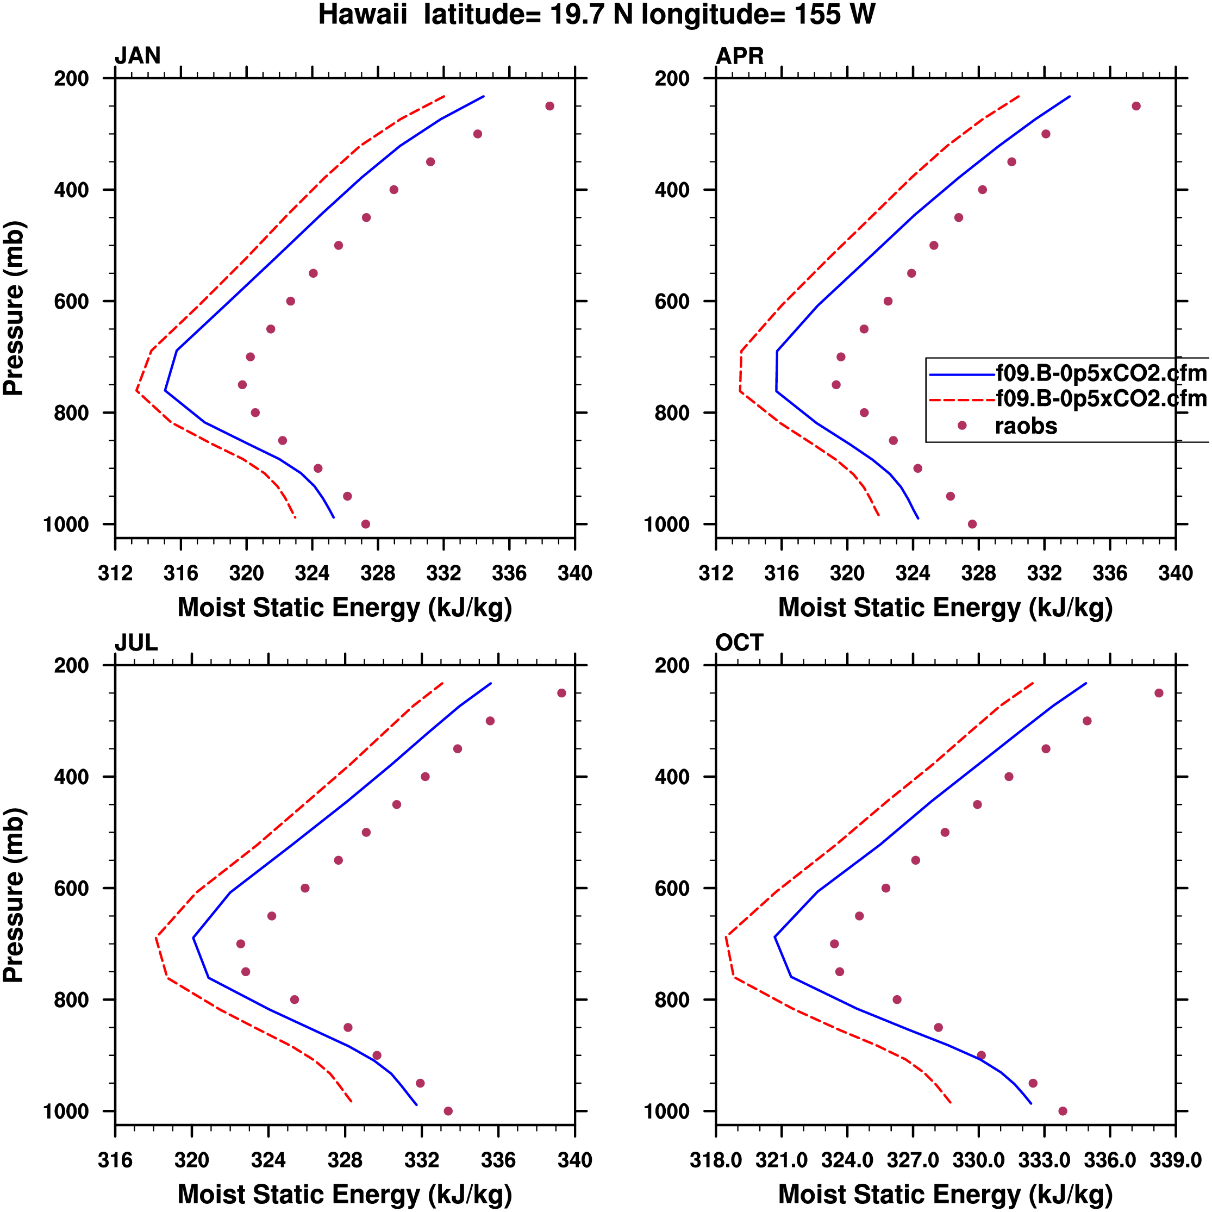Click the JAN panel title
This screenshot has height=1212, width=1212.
pyautogui.click(x=138, y=56)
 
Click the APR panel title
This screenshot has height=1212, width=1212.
pyautogui.click(x=740, y=56)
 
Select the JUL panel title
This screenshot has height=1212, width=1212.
pyautogui.click(x=136, y=642)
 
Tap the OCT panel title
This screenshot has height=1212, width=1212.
pyautogui.click(x=739, y=642)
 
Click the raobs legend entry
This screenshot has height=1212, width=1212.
pyautogui.click(x=1026, y=426)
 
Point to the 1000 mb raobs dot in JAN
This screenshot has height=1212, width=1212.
pyautogui.click(x=366, y=524)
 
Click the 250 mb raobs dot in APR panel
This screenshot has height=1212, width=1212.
pyautogui.click(x=1136, y=106)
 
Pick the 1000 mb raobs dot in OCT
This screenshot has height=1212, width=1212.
pyautogui.click(x=1063, y=1111)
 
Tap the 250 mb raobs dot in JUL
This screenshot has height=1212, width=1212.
pyautogui.click(x=561, y=693)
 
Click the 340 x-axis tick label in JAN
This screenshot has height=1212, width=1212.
pyautogui.click(x=574, y=573)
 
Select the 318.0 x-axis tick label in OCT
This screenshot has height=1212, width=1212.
pyautogui.click(x=716, y=1160)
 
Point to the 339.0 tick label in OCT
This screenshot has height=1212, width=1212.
pyautogui.click(x=1175, y=1160)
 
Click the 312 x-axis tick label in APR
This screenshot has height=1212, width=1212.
pyautogui.click(x=716, y=573)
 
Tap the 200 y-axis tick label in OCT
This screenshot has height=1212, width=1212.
pyautogui.click(x=672, y=665)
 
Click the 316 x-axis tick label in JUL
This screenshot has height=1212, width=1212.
pyautogui.click(x=115, y=1160)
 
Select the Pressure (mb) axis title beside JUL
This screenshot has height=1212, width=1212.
pyautogui.click(x=14, y=895)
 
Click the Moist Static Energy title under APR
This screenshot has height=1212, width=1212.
pyautogui.click(x=945, y=607)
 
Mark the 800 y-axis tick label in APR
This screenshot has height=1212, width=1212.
pyautogui.click(x=672, y=413)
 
